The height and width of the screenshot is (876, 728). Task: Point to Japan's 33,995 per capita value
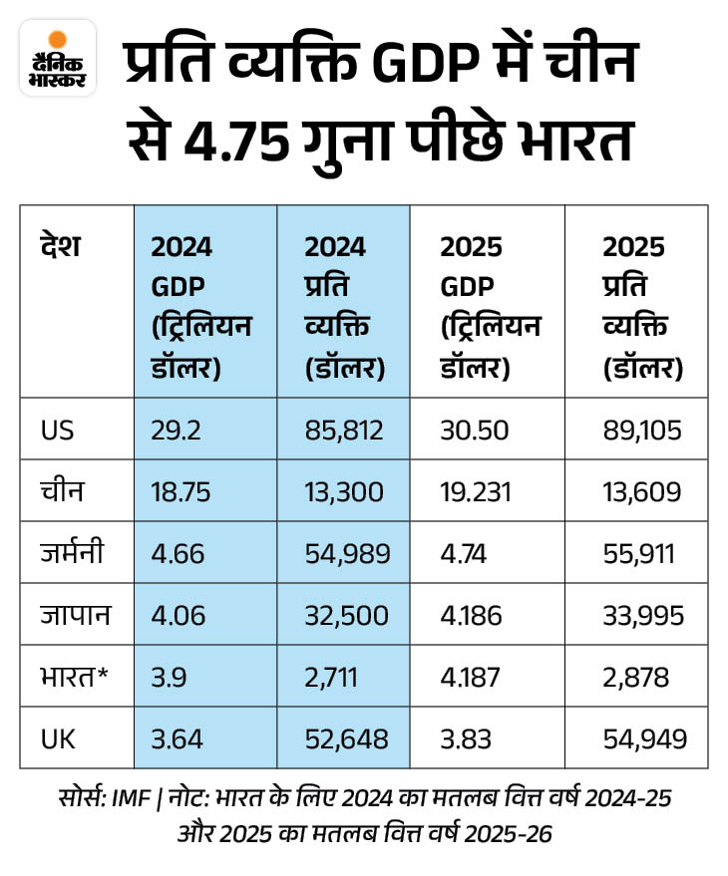(x=643, y=615)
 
